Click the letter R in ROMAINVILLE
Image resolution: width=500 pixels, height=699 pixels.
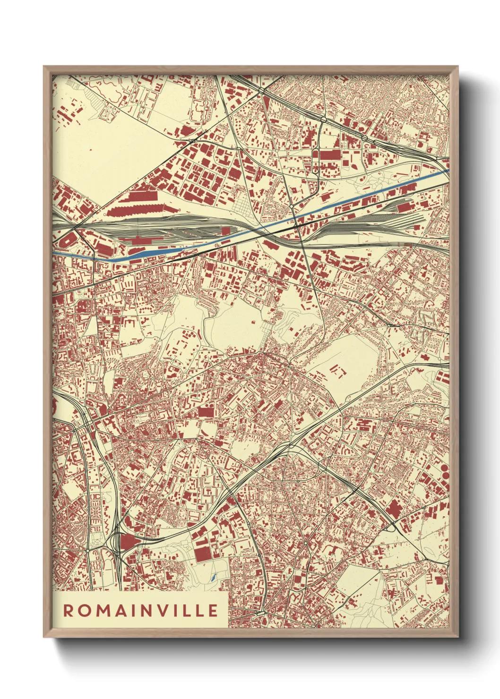[69, 611]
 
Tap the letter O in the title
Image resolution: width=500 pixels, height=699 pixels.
[85, 611]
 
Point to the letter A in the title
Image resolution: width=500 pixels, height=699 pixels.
[121, 611]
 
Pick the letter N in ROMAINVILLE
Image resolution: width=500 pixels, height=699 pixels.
[150, 611]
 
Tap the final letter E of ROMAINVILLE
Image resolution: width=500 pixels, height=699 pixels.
[213, 611]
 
